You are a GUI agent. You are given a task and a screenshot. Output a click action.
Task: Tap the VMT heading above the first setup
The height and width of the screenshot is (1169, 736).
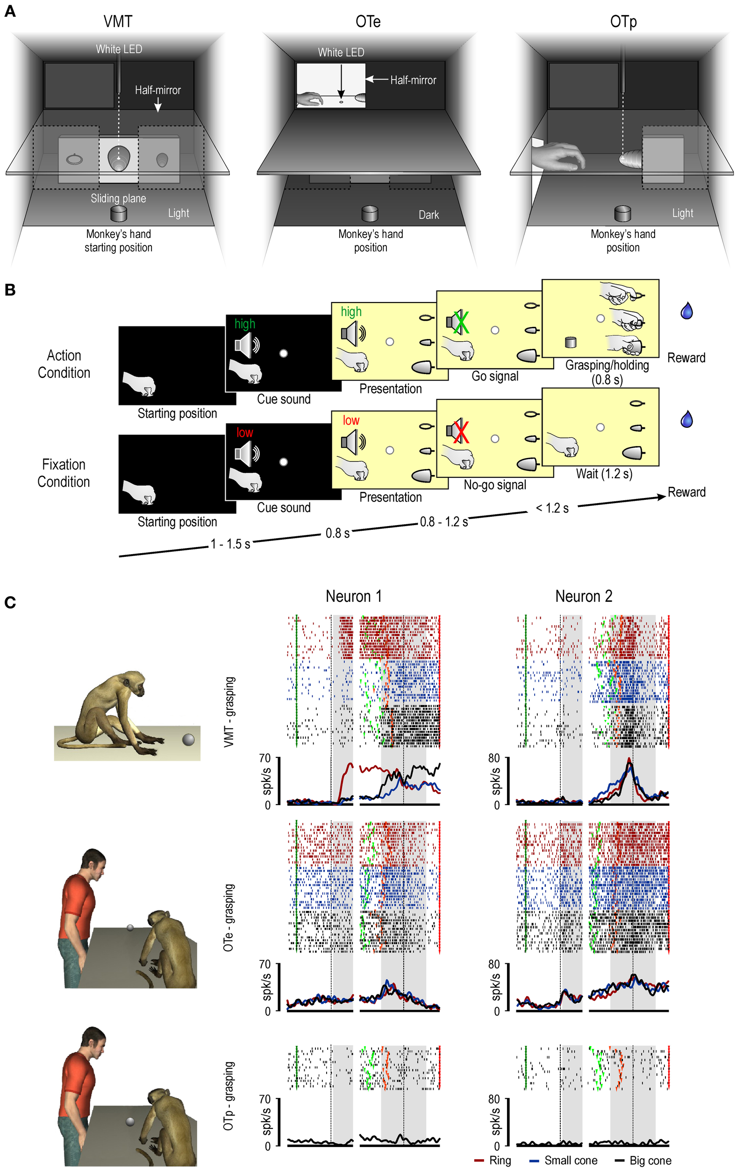117,22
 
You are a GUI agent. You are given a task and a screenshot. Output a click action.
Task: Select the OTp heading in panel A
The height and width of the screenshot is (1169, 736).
623,22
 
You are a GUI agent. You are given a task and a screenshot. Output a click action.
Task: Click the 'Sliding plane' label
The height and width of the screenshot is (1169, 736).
118,198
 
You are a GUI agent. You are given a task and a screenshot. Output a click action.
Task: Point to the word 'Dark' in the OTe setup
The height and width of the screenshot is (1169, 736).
429,215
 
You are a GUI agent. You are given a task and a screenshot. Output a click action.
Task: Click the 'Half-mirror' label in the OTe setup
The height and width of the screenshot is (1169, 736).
413,80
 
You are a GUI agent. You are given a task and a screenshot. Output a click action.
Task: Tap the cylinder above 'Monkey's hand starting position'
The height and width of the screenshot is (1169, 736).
118,213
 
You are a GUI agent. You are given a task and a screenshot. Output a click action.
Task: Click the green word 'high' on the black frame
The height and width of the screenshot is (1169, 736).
244,324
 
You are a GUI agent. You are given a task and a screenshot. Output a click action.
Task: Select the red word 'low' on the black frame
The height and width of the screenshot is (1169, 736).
244,432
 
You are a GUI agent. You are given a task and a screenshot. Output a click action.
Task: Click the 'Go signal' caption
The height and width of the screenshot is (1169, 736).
495,376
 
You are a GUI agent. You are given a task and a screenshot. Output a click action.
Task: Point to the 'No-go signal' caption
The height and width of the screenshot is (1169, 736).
495,484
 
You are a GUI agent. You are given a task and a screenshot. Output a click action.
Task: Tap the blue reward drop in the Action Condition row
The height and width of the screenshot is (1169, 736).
686,311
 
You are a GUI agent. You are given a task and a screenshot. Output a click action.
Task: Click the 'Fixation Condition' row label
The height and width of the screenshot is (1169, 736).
64,473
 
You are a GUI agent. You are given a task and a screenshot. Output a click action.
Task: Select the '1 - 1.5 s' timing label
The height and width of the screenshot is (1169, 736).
230,544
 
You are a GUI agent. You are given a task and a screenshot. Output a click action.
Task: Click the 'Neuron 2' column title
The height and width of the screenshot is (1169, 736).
584,596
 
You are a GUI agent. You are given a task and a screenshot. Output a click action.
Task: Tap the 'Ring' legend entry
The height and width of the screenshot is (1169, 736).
500,1160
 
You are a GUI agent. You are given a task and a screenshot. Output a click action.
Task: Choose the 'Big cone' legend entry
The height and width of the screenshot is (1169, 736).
650,1160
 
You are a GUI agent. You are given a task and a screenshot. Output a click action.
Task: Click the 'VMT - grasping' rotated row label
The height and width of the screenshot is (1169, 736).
229,712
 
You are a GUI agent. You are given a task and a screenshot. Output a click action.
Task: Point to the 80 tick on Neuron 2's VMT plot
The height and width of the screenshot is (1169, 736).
493,758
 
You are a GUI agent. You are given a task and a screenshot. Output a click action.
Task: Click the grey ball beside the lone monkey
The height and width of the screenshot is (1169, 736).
188,740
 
